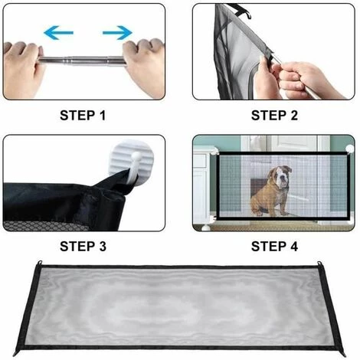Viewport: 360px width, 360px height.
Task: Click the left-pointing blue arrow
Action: click(x=58, y=33)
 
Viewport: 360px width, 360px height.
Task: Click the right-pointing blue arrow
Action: click(x=117, y=33)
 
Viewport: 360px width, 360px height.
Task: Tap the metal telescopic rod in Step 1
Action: click(x=82, y=61)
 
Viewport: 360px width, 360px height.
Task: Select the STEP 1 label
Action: click(x=83, y=116)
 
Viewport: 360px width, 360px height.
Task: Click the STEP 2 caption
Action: click(x=274, y=116)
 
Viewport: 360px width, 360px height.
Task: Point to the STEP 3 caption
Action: click(x=83, y=247)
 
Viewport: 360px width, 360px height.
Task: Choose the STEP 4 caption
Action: click(x=274, y=247)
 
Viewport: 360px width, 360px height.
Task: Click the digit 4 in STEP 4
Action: click(x=293, y=247)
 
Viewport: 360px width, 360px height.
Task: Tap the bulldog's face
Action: click(x=282, y=176)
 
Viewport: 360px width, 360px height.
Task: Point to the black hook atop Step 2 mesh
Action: click(x=242, y=11)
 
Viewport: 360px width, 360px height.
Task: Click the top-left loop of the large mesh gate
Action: click(x=39, y=263)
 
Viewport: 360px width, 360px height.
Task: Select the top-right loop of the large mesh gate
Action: click(x=319, y=263)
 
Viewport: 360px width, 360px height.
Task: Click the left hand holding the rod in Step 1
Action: click(x=21, y=68)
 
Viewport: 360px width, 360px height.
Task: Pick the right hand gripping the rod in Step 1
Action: click(x=144, y=66)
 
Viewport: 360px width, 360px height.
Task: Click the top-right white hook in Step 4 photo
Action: click(x=349, y=149)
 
